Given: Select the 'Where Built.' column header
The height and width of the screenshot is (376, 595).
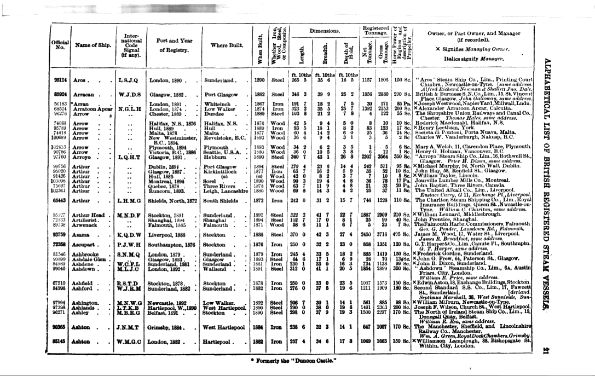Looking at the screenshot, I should pos(228,45).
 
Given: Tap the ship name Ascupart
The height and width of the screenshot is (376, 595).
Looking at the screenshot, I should pos(87,242).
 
